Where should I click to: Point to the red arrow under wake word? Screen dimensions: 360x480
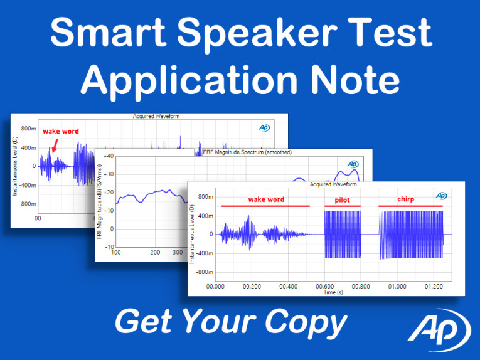(x=55, y=146)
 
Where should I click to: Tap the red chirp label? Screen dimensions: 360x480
(x=406, y=199)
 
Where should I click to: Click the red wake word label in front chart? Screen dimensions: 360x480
(x=266, y=199)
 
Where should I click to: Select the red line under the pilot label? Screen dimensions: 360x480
(x=342, y=206)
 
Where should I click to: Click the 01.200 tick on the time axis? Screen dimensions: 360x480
(x=433, y=286)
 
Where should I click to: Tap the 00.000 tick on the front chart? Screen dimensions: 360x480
(x=215, y=286)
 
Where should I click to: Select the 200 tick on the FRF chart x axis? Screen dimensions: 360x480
(x=155, y=253)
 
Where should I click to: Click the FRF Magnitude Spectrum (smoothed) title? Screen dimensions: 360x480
(x=248, y=152)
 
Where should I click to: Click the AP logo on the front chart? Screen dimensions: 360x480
(x=441, y=196)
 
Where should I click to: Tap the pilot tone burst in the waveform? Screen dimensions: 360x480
(x=343, y=234)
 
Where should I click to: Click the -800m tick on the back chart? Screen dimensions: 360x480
(x=26, y=204)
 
